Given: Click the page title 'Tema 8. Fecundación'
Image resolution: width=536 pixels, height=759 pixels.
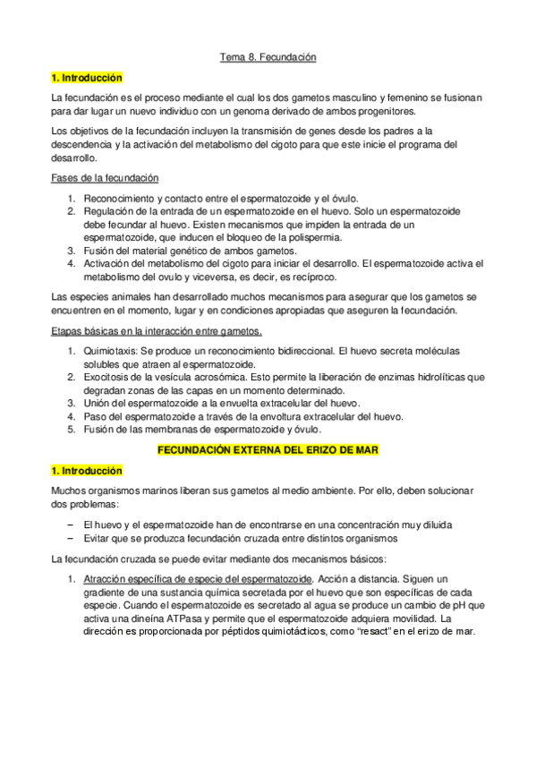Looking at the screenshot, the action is click(268, 58).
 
